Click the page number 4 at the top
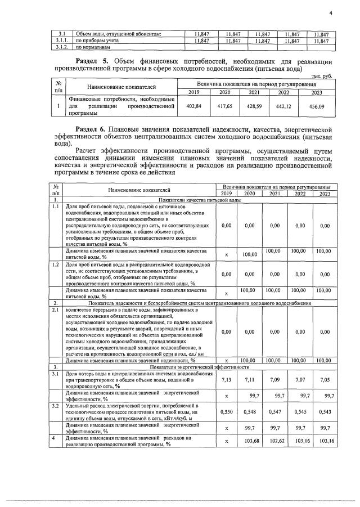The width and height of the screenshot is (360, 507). (x=331, y=14)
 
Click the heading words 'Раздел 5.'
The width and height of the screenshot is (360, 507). (x=93, y=61)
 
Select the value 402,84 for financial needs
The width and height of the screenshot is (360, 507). (x=193, y=106)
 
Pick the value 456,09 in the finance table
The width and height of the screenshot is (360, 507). (x=317, y=106)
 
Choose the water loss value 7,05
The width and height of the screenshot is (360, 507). (x=325, y=380)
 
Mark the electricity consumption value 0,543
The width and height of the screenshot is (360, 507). (x=325, y=412)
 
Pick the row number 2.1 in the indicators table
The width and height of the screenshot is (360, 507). (x=55, y=309)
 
